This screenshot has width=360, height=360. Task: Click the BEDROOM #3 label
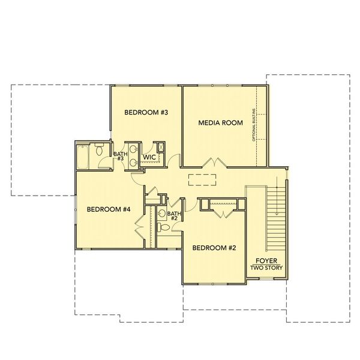[146, 112]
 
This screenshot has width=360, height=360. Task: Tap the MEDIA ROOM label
[220, 123]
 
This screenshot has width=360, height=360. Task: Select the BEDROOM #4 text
[109, 209]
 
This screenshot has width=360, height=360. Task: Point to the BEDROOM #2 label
[214, 248]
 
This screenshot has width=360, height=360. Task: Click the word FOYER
[266, 261]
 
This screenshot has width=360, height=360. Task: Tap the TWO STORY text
[266, 268]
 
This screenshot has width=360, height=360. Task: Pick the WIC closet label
[149, 157]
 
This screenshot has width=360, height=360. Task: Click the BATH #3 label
[121, 156]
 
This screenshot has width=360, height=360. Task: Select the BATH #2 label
[174, 216]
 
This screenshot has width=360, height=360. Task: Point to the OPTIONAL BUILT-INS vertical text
[254, 125]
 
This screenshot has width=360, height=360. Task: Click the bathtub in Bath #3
[82, 157]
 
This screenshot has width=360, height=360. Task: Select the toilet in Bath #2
[163, 227]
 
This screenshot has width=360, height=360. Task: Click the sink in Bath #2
[162, 213]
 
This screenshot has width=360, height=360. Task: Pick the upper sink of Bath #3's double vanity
[133, 149]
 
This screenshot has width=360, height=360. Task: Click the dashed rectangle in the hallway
[202, 180]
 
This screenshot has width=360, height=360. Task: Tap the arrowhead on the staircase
[277, 213]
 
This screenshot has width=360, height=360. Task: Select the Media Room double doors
[215, 163]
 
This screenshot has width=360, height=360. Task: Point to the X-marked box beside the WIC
[161, 147]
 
